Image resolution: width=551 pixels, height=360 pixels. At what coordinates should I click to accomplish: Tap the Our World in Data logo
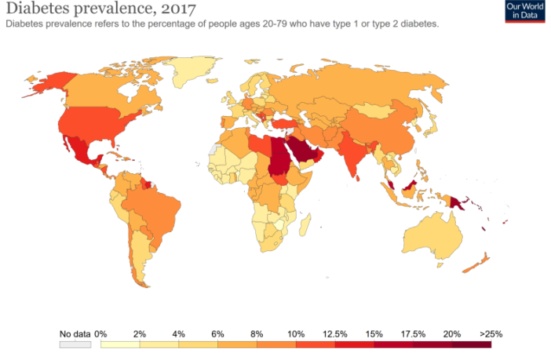click(525, 11)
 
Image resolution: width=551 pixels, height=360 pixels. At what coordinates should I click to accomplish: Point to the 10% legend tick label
click(296, 333)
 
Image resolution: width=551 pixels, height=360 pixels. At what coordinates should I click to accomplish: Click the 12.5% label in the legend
click(334, 333)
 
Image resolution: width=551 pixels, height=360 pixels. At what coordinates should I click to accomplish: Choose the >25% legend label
click(491, 333)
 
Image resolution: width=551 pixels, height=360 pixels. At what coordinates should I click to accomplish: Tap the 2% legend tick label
click(140, 333)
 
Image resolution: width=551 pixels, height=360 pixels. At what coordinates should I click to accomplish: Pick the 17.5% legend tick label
click(413, 333)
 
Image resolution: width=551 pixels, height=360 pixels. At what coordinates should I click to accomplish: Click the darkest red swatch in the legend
click(472, 344)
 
